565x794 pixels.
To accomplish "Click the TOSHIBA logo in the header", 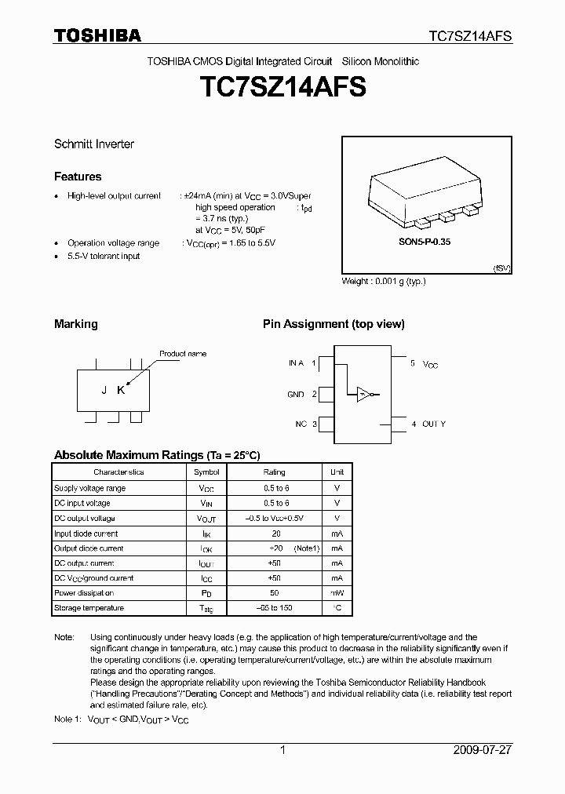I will coord(97,35).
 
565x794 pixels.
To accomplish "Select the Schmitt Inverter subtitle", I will coord(93,144).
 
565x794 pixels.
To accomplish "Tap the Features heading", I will coord(78,177).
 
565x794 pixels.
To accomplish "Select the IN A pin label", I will coord(296,363).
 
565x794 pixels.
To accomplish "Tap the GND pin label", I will coord(296,395).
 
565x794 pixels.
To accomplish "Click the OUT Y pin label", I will coord(433,424).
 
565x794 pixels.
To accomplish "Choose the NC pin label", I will coord(301,424).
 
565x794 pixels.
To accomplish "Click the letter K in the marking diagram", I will coord(121,391).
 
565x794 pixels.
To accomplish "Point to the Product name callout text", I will coord(183,354).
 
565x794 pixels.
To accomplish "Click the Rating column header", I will coord(274,472).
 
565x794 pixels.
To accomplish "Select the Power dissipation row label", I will coord(84,593).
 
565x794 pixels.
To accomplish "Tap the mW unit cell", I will coord(337,593).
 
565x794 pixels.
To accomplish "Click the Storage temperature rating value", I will coord(274,608).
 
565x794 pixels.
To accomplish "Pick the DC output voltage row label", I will coord(85,519).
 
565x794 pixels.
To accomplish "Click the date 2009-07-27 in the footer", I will coord(483,750).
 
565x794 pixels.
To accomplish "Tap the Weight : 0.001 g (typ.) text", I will coord(384,281).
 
